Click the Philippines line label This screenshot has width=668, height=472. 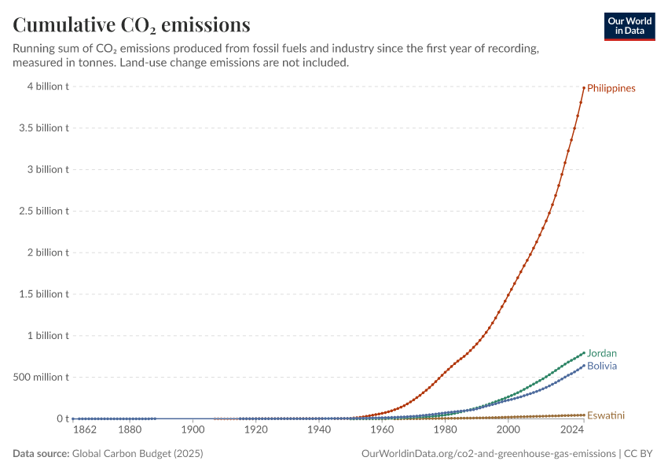(611, 88)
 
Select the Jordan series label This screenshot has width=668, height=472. (601, 353)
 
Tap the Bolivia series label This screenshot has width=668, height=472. (601, 366)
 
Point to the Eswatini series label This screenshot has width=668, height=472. (605, 415)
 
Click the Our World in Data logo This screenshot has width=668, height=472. (629, 27)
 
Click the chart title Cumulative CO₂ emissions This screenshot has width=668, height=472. (131, 24)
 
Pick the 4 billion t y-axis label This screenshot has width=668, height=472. (48, 87)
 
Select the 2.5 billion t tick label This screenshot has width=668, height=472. (44, 211)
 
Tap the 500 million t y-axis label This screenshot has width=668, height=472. (41, 377)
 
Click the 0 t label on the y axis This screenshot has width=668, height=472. (63, 419)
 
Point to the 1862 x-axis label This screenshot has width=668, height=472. (85, 430)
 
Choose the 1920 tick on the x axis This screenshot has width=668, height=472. (255, 430)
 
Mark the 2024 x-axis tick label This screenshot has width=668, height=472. (572, 430)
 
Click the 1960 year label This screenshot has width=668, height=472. (382, 430)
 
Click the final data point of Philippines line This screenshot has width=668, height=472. (584, 88)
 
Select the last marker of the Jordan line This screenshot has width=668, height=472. (584, 352)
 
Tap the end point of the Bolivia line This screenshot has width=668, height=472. (584, 365)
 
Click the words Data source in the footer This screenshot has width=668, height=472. (41, 453)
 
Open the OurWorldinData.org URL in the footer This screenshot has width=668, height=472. (489, 453)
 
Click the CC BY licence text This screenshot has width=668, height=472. (638, 453)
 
